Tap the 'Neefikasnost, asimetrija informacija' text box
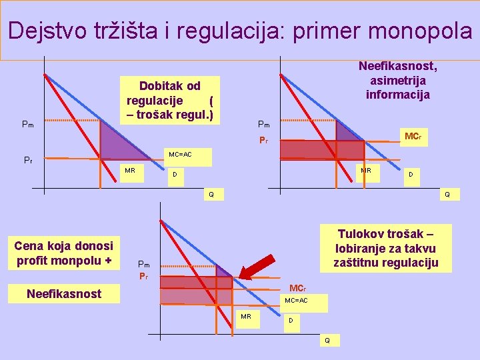point(398,80)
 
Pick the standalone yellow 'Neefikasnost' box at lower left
point(64,293)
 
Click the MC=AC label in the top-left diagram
point(180,155)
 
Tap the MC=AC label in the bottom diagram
point(296,301)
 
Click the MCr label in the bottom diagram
point(297,288)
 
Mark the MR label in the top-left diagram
point(130,171)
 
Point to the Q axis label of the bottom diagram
point(327,340)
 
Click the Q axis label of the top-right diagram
point(447,195)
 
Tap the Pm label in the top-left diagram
point(28,123)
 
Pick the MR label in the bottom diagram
point(246,316)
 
